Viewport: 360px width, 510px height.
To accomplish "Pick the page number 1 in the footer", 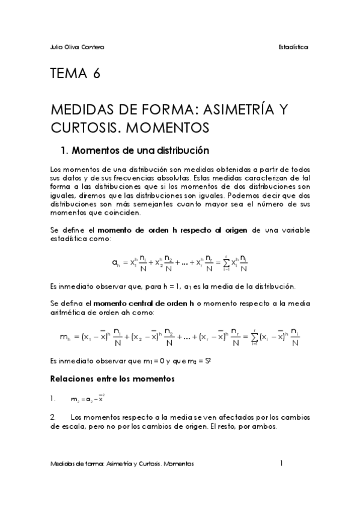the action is [x=281, y=464].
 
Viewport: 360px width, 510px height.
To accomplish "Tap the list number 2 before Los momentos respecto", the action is [x=53, y=416].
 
